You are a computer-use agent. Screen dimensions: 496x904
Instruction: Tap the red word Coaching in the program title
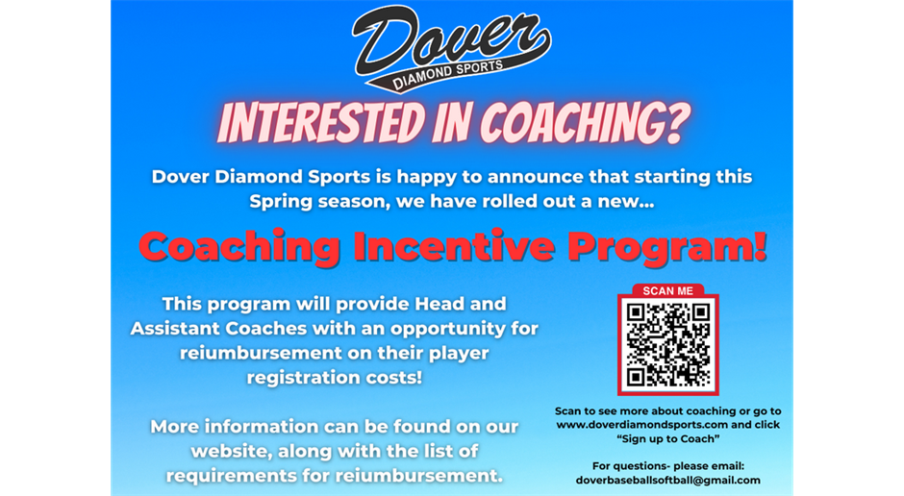click(239, 247)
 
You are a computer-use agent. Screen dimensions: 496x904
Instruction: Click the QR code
click(668, 343)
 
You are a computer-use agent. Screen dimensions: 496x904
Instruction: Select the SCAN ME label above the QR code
click(667, 290)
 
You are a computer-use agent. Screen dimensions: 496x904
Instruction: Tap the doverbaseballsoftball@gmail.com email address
click(668, 480)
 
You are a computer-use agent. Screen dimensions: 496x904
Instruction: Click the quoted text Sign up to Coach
click(668, 438)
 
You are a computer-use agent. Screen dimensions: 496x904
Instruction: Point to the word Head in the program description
click(429, 303)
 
